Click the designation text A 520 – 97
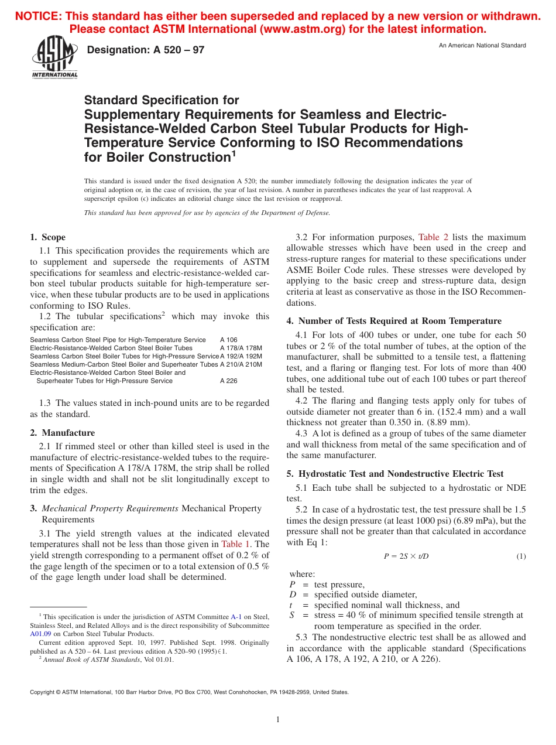pyautogui.click(x=145, y=50)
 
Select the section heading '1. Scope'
pyautogui.click(x=48, y=237)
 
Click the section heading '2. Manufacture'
pyautogui.click(x=62, y=433)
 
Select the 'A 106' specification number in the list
pyautogui.click(x=229, y=340)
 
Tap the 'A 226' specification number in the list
pyautogui.click(x=229, y=381)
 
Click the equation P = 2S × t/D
pyautogui.click(x=406, y=556)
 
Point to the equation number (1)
pyautogui.click(x=521, y=556)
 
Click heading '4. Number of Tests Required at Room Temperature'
pyautogui.click(x=394, y=321)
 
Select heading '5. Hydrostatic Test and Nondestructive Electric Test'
pyautogui.click(x=395, y=474)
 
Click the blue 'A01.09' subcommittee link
pyautogui.click(x=40, y=633)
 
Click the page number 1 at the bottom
pyautogui.click(x=278, y=719)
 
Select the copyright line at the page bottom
pyautogui.click(x=189, y=692)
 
